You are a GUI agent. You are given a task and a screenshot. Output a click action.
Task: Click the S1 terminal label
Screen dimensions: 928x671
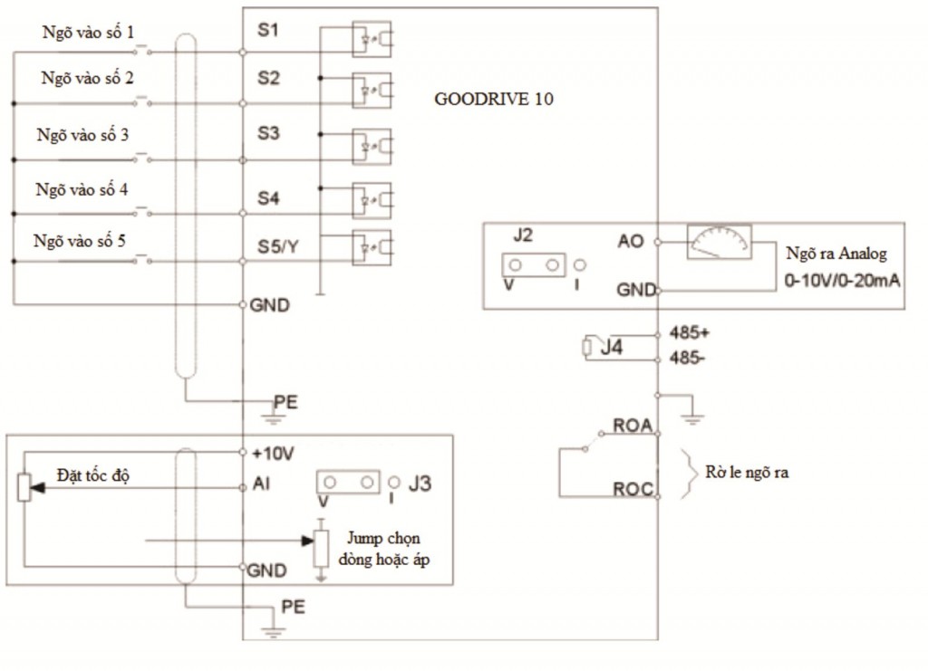coord(267,30)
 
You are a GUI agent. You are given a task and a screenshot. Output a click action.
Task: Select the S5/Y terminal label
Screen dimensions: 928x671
coord(277,246)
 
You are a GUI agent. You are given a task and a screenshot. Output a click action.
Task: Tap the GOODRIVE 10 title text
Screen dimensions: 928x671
coord(494,99)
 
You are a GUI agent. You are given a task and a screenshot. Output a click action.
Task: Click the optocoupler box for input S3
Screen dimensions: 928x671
coord(371,147)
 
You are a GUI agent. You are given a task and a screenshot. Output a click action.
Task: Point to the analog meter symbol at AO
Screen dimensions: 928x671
coord(719,241)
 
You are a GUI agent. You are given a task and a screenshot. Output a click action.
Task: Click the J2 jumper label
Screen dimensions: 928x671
coord(523,235)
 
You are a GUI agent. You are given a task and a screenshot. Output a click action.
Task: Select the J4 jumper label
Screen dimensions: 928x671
coord(612,347)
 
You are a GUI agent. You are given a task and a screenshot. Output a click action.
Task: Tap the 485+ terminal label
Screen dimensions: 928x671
coord(689,333)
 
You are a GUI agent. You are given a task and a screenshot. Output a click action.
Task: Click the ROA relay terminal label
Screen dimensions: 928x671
coord(632,425)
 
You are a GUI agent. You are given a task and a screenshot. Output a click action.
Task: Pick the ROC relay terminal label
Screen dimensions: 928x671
coord(633,489)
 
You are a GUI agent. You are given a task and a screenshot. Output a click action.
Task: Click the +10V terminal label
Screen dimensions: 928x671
coord(273,454)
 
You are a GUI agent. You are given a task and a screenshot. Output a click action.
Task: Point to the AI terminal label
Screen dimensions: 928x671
coord(261,484)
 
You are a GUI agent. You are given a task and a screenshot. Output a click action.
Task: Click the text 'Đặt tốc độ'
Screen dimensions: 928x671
coord(93,475)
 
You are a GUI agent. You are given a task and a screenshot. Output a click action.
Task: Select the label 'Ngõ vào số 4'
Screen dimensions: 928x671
coord(82,190)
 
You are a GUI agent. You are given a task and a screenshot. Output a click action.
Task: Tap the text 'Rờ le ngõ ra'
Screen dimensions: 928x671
coord(747,473)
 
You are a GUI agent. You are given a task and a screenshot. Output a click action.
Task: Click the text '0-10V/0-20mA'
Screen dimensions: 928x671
coord(842,280)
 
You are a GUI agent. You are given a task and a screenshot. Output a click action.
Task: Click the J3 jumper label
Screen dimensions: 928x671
coord(420,484)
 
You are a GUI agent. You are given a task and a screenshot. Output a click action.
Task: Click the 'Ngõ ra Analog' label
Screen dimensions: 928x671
coord(836,254)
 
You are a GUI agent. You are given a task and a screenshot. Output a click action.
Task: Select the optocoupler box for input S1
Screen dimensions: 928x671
coord(371,39)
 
